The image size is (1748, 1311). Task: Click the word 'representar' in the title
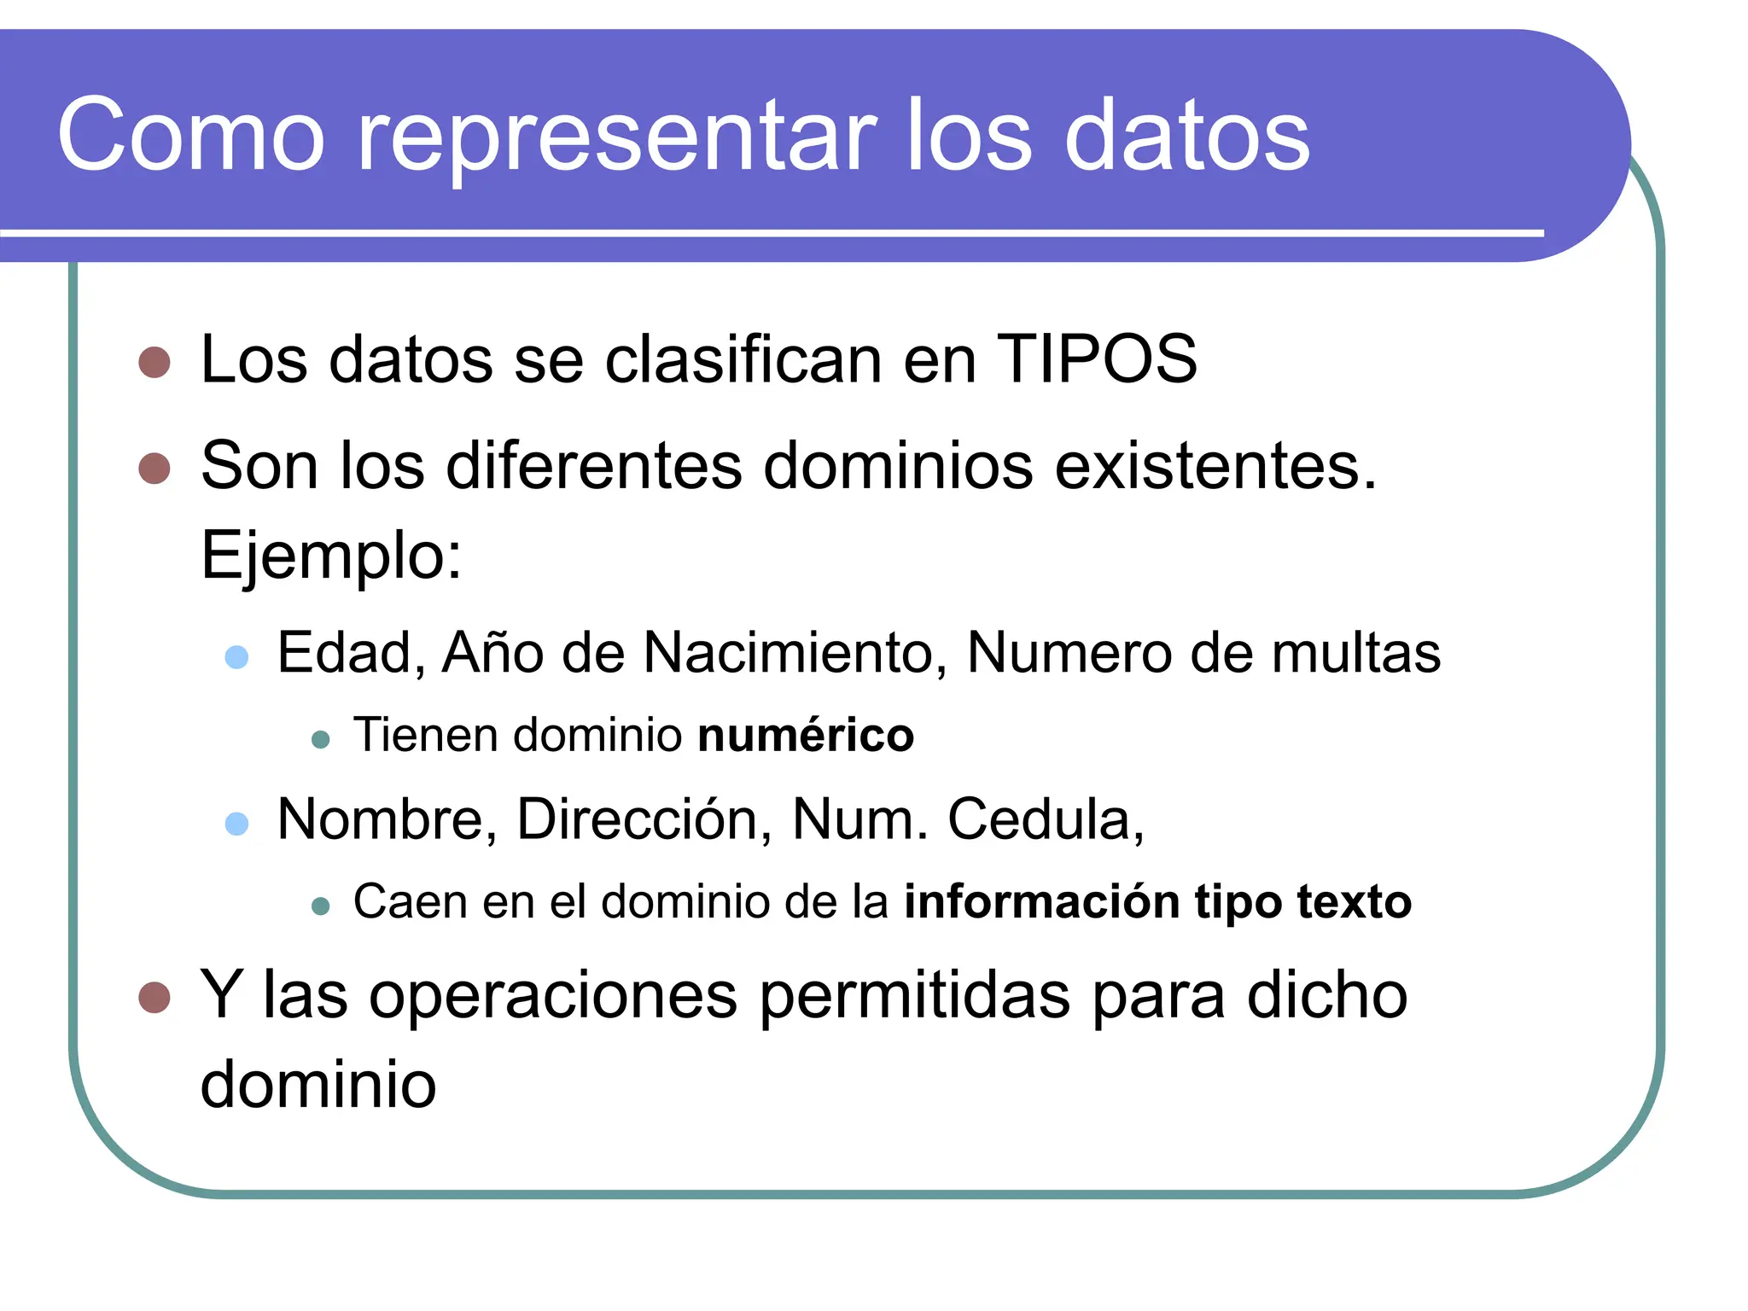pyautogui.click(x=616, y=137)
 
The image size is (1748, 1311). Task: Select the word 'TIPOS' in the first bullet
pyautogui.click(x=1097, y=359)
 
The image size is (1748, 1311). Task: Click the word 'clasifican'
pyautogui.click(x=743, y=359)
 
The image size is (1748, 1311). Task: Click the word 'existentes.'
pyautogui.click(x=1216, y=466)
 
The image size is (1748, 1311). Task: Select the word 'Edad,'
pyautogui.click(x=351, y=653)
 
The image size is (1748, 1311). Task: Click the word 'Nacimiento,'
pyautogui.click(x=795, y=653)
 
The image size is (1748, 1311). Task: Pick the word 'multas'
pyautogui.click(x=1355, y=653)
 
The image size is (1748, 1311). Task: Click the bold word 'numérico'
pyautogui.click(x=806, y=735)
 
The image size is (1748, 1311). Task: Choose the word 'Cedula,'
pyautogui.click(x=1046, y=819)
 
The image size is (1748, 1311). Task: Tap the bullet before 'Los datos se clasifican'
pyautogui.click(x=154, y=362)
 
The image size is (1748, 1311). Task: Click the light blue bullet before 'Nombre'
pyautogui.click(x=236, y=824)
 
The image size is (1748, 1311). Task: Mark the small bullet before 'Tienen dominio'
pyautogui.click(x=321, y=739)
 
